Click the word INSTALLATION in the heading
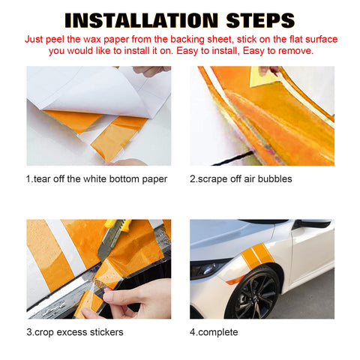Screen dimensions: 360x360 (142, 20)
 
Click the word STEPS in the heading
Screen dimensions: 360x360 (260, 20)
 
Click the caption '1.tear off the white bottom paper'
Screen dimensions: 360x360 (97, 179)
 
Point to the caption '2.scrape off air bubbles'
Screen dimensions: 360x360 (241, 179)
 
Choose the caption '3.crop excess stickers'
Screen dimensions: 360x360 (75, 332)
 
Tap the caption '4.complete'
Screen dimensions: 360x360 (214, 332)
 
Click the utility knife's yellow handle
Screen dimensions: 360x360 (118, 223)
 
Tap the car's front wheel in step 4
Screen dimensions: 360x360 (253, 294)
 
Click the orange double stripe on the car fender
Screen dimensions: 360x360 (257, 256)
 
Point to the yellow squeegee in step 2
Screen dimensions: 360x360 (263, 76)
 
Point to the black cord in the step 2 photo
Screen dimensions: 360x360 (233, 157)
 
